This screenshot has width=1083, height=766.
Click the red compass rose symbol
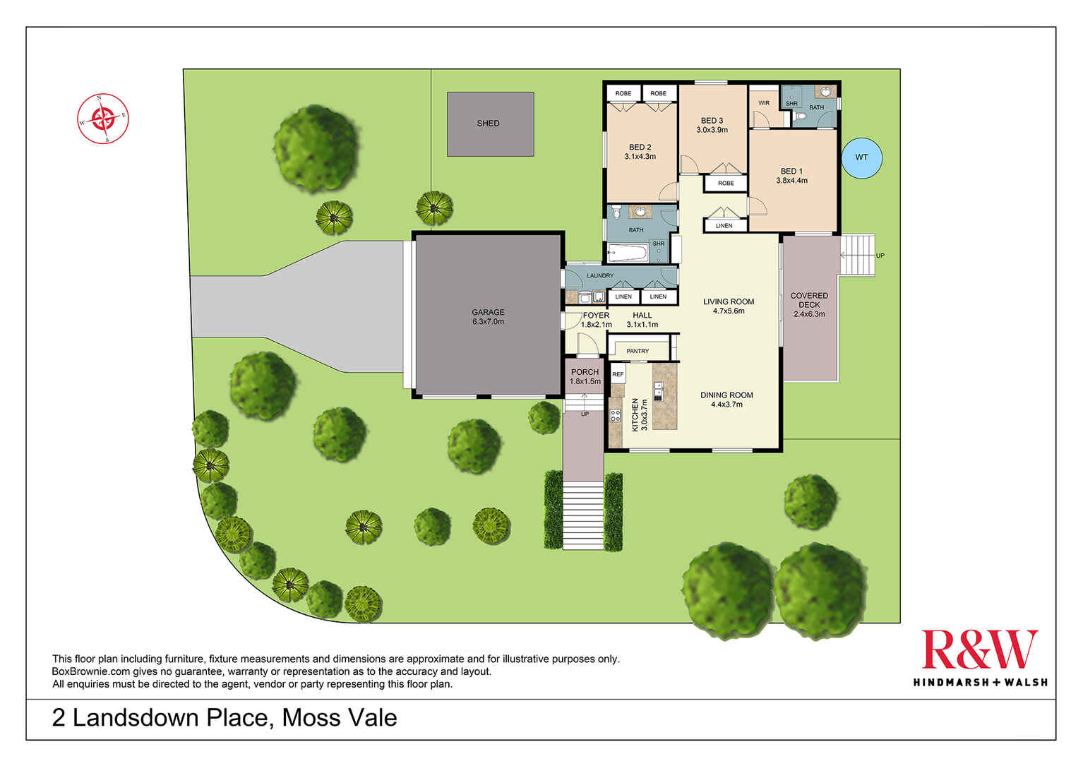pyautogui.click(x=103, y=118)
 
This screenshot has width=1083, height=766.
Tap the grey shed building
pyautogui.click(x=490, y=124)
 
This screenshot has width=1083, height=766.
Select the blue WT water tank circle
pyautogui.click(x=861, y=157)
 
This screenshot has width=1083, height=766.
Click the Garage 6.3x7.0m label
pyautogui.click(x=488, y=317)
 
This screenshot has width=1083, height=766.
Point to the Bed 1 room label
pyautogui.click(x=791, y=176)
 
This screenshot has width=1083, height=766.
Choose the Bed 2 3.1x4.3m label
pyautogui.click(x=640, y=152)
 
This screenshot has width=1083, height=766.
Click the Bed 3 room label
pyautogui.click(x=712, y=125)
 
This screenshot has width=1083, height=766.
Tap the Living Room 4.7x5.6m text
pyautogui.click(x=729, y=306)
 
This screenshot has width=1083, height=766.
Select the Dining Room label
pyautogui.click(x=726, y=400)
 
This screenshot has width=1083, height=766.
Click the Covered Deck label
pyautogui.click(x=809, y=305)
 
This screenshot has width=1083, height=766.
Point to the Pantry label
pyautogui.click(x=638, y=351)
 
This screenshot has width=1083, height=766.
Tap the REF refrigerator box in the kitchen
pyautogui.click(x=618, y=374)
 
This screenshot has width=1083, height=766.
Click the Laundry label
pyautogui.click(x=600, y=275)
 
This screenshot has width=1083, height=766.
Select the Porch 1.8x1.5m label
pyautogui.click(x=585, y=376)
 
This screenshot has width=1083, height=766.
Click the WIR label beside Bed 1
pyautogui.click(x=764, y=103)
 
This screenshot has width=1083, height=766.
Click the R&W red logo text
pyautogui.click(x=979, y=650)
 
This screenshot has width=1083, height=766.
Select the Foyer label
pyautogui.click(x=596, y=316)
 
